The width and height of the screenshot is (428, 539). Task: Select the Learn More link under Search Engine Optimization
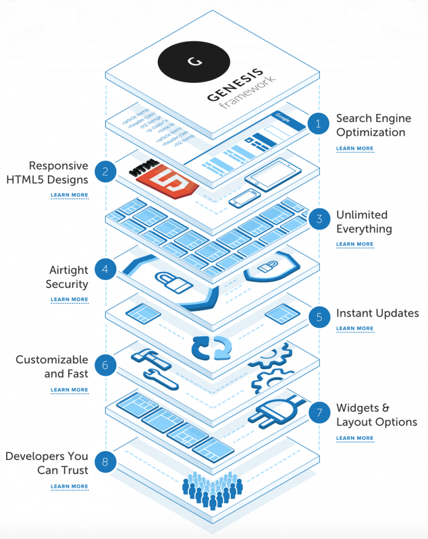pyautogui.click(x=355, y=149)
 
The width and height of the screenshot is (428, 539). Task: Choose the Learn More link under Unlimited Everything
pyautogui.click(x=355, y=244)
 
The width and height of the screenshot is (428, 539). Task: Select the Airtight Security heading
pyautogui.click(x=68, y=277)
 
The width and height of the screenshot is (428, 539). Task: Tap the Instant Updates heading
pyautogui.click(x=377, y=313)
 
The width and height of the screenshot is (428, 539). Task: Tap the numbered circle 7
pyautogui.click(x=319, y=413)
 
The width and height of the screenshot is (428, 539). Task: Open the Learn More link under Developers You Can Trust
pyautogui.click(x=69, y=486)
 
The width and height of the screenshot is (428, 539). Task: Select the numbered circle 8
pyautogui.click(x=105, y=461)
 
